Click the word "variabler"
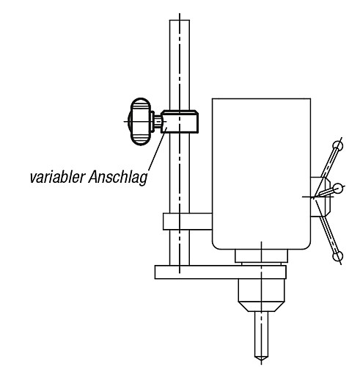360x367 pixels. tap(58, 177)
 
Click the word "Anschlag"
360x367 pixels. tap(118, 177)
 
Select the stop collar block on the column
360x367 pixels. tap(180, 122)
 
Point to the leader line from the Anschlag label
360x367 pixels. tap(158, 148)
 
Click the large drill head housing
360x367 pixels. tap(262, 174)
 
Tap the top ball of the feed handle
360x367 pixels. tap(338, 146)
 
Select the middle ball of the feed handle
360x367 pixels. tap(338, 189)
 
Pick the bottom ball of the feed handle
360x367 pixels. tap(338, 256)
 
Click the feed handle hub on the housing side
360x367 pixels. tap(320, 197)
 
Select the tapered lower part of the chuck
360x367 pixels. tap(261, 307)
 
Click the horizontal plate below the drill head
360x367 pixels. tap(221, 272)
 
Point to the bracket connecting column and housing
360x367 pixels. tap(188, 222)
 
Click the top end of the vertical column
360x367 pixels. tap(180, 21)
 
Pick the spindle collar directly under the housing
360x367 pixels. tap(261, 256)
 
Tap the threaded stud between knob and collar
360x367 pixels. tap(158, 122)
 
